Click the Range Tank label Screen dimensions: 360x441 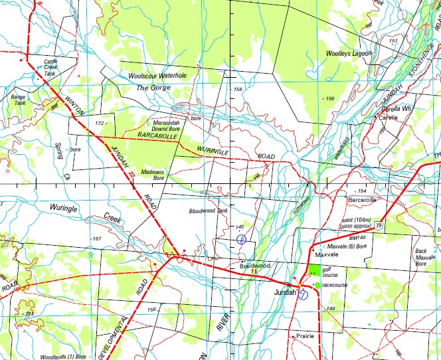coord(18,100)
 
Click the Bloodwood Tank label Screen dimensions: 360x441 coord(208,211)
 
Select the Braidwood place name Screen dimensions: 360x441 coord(254,266)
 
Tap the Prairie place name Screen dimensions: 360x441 coord(304,336)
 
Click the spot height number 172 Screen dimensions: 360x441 coord(100,124)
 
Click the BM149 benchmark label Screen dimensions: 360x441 coord(357,238)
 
